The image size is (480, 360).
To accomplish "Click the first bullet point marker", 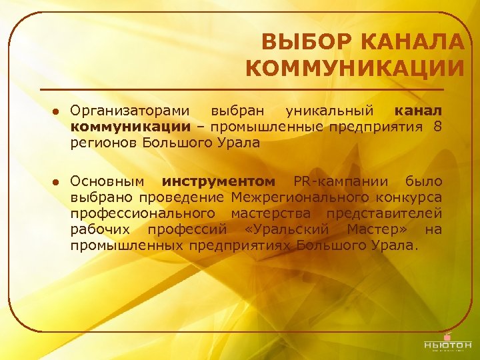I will tap(57, 111).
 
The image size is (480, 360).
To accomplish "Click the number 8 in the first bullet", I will tap(437, 126).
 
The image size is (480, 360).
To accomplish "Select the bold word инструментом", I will tap(217, 182).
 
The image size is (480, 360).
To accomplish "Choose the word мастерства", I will tap(271, 214).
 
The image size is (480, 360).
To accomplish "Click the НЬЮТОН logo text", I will tap(447, 345).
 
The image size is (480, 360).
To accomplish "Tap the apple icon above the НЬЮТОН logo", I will tap(447, 333).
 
